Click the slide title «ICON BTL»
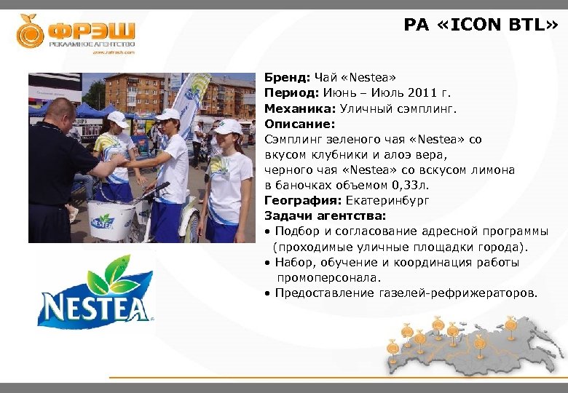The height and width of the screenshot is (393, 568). (x=481, y=25)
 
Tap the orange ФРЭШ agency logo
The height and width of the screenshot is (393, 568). (x=76, y=33)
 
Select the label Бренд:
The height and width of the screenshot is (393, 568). (x=288, y=77)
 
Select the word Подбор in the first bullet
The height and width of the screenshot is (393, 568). (x=298, y=231)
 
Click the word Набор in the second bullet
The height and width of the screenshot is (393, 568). (x=295, y=263)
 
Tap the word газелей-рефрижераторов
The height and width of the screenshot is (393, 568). (x=458, y=293)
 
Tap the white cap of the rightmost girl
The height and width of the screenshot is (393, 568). (x=228, y=127)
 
